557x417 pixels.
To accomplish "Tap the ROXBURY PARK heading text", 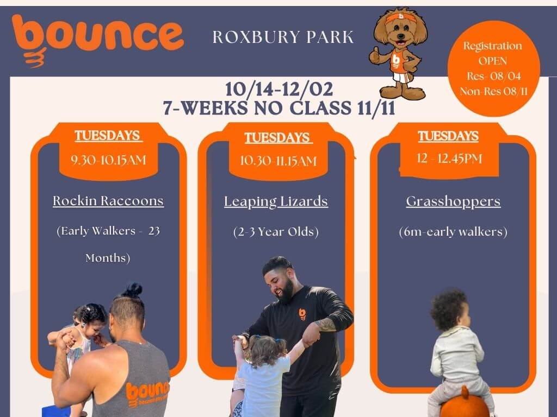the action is pos(283,37).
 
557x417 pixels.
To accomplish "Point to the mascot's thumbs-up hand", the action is pos(375,55).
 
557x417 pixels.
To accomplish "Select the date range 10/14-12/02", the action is pos(279,89).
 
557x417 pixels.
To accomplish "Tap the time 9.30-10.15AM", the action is pos(108,160).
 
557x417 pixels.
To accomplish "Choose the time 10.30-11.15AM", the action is pos(278,161).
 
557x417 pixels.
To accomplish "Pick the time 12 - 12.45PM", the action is pos(449,158).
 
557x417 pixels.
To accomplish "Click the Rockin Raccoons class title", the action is pos(108,201).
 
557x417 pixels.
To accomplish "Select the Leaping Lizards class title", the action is pos(276,202).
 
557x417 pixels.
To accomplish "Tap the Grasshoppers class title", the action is pos(453,202).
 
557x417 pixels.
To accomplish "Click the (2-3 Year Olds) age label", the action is pos(276,232).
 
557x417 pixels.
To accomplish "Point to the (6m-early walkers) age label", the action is pos(453,232).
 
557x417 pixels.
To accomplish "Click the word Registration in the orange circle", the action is pos(493,46).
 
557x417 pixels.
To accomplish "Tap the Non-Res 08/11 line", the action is pos(493,91).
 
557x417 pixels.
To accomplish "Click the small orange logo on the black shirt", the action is pos(302,314).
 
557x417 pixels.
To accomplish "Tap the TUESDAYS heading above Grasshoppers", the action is pos(448,136).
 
